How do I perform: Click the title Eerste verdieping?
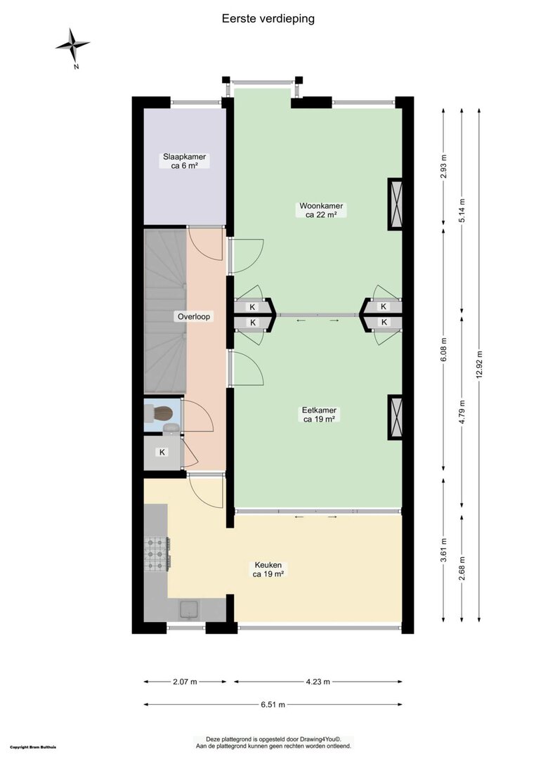(268, 18)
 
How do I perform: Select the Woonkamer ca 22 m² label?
(321, 210)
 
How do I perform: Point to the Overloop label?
(193, 316)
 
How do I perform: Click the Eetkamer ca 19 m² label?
(319, 415)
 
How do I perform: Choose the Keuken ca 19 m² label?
(268, 570)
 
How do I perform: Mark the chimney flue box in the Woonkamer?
(396, 204)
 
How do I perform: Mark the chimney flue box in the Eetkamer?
(396, 417)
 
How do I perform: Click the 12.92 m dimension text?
(479, 365)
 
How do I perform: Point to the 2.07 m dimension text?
(185, 682)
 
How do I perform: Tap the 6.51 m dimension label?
(273, 704)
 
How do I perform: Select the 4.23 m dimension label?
(318, 682)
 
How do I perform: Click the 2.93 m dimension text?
(443, 167)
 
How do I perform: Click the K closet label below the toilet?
(162, 452)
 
